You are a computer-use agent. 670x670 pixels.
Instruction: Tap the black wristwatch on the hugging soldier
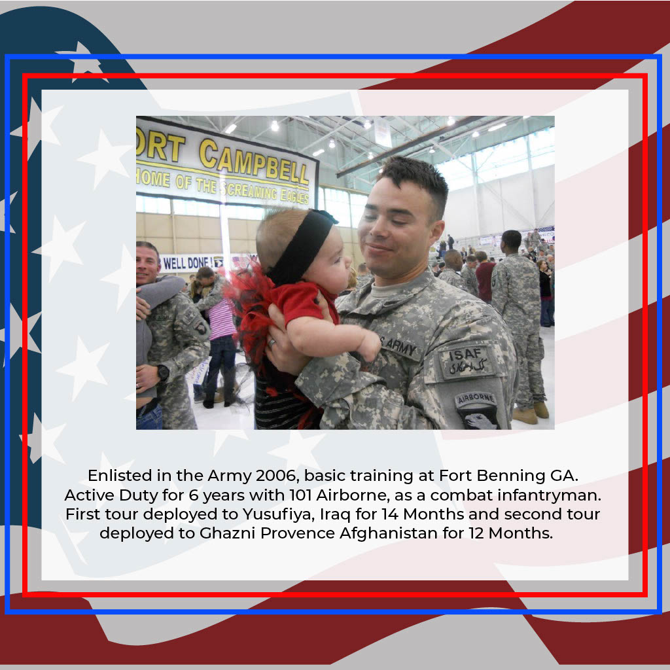163,373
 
